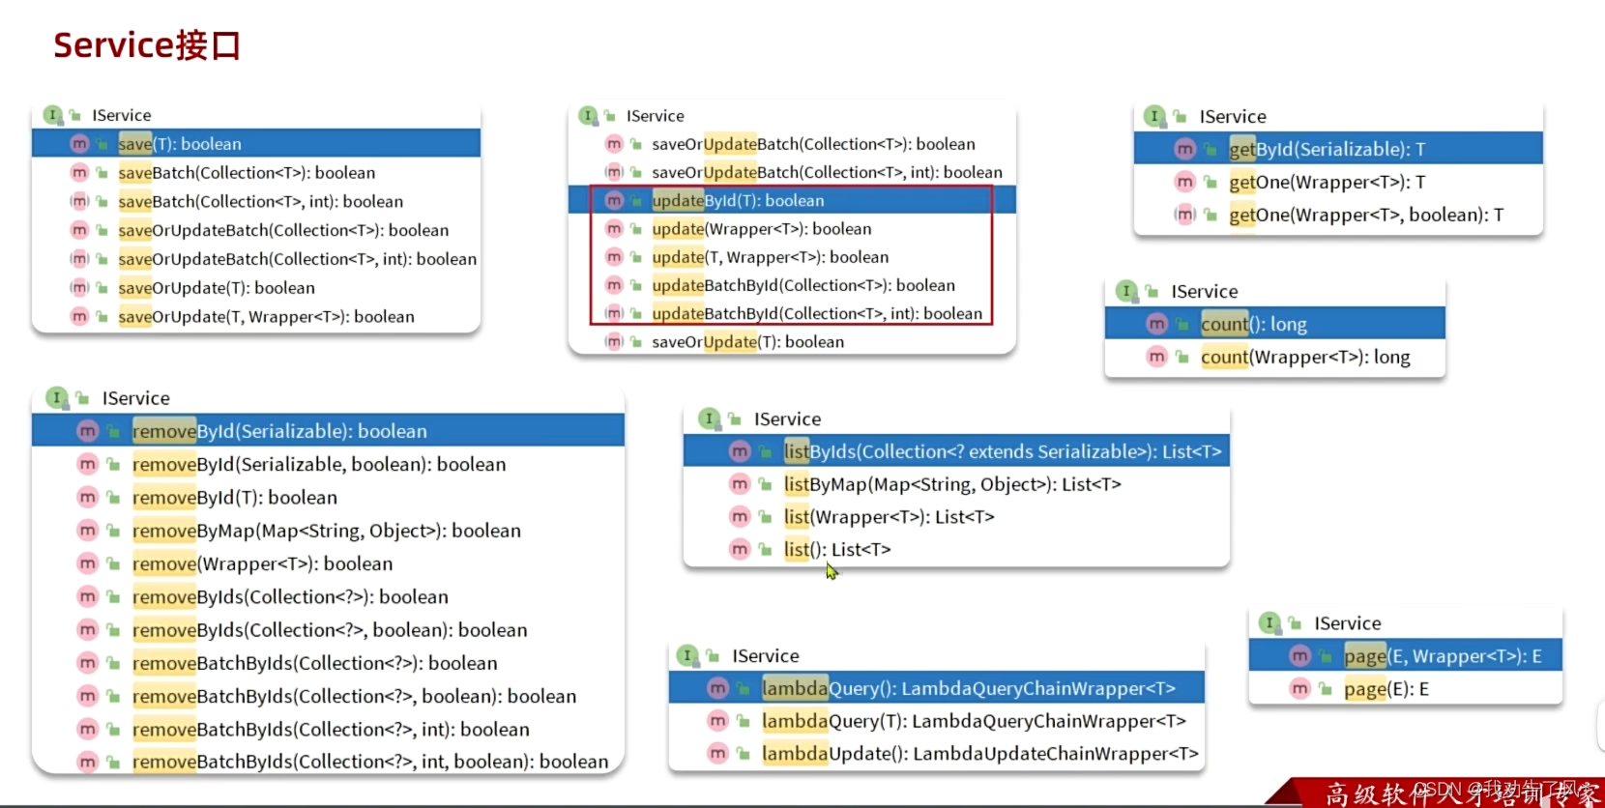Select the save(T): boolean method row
(x=180, y=144)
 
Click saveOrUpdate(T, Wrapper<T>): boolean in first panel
(x=266, y=317)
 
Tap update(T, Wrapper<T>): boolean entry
(x=770, y=257)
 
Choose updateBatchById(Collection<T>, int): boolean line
(x=816, y=314)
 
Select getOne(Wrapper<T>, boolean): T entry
(x=1365, y=216)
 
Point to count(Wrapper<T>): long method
(x=1304, y=358)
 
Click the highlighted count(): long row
(x=1253, y=325)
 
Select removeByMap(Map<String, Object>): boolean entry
(x=326, y=531)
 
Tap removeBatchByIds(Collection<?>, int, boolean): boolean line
(x=369, y=762)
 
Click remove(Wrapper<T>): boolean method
(x=262, y=563)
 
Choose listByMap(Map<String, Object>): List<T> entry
(x=951, y=484)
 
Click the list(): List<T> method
(x=836, y=550)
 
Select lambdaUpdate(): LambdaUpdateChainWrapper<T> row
(x=978, y=754)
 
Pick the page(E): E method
(x=1386, y=689)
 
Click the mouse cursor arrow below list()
(x=832, y=571)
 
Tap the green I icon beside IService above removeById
(x=57, y=398)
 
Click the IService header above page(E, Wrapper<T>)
(x=1347, y=623)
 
